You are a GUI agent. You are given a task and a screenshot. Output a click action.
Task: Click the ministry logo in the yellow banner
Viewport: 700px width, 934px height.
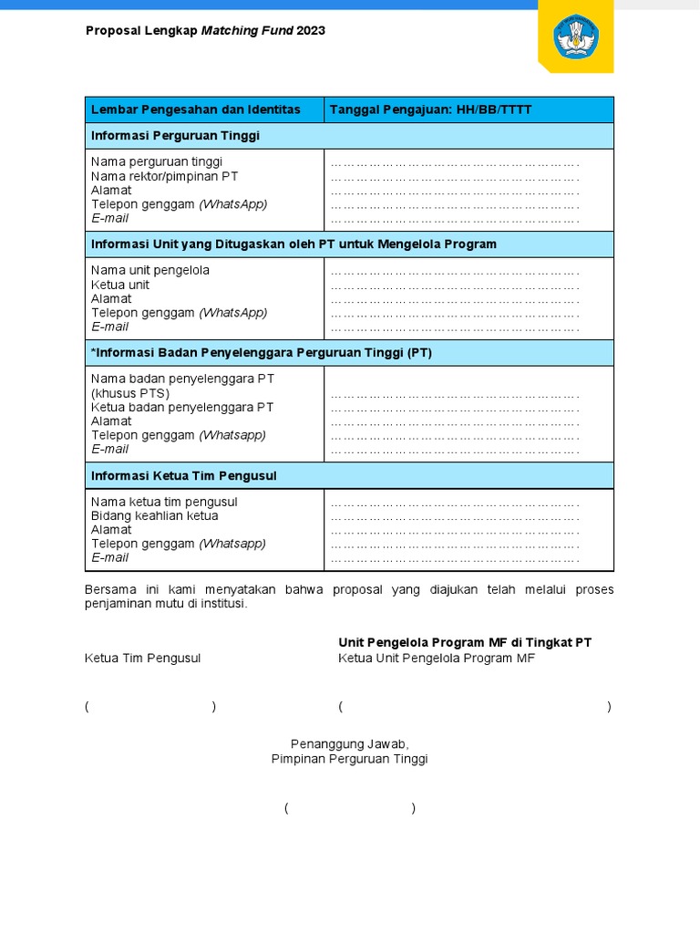[x=575, y=36]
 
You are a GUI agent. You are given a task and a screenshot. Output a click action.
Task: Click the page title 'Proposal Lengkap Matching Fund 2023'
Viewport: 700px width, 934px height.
[x=205, y=30]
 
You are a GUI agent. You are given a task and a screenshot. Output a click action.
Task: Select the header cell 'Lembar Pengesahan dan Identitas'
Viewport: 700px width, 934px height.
[x=195, y=109]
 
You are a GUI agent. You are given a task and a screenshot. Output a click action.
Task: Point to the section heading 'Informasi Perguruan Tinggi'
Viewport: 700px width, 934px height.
[x=175, y=135]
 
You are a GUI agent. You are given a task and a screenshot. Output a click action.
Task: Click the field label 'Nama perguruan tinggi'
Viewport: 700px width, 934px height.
[x=157, y=161]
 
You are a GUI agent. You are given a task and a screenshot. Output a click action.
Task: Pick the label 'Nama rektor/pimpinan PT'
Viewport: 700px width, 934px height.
[x=164, y=175]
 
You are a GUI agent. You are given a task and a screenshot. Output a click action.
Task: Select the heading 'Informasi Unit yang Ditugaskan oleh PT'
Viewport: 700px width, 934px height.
[x=293, y=244]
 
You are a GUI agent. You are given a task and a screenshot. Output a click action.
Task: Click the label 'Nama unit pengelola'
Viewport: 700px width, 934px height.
[x=150, y=270]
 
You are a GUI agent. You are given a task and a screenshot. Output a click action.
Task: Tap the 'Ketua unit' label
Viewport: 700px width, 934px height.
[x=120, y=285]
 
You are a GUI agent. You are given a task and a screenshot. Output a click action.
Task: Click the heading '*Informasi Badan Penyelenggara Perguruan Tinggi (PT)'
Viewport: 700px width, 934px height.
[x=261, y=352]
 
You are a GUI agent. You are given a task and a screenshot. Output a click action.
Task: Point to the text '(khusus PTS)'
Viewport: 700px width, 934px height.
[x=130, y=393]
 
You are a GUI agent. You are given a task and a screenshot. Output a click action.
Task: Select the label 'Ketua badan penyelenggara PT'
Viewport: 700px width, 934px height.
[x=182, y=407]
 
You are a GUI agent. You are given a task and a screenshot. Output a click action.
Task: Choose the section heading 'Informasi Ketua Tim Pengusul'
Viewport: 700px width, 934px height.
[x=183, y=475]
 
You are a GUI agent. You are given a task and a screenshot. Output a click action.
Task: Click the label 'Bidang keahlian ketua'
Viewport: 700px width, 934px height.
[x=154, y=515]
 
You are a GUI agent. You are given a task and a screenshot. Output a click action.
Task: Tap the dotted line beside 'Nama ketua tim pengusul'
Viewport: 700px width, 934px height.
[x=454, y=503]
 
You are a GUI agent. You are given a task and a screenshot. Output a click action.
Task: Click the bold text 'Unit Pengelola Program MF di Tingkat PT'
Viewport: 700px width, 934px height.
[x=465, y=642]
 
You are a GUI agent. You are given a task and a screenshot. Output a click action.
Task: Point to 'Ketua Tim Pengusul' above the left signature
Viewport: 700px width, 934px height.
[x=142, y=658]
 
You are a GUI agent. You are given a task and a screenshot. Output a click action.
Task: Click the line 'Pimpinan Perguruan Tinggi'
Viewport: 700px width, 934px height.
[x=349, y=758]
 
